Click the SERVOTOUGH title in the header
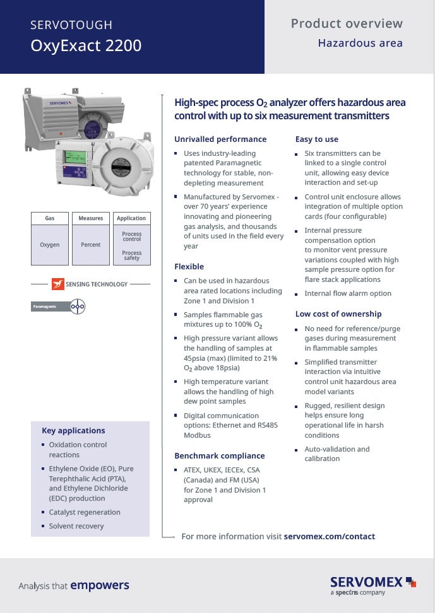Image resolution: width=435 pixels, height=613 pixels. click(71, 25)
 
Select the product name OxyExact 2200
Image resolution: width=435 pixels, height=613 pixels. click(86, 46)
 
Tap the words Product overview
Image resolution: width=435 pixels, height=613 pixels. click(347, 24)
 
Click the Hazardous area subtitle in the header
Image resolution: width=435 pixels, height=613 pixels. click(360, 44)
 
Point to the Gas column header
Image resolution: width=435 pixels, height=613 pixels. click(50, 218)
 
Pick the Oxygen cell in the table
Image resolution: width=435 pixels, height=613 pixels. click(50, 245)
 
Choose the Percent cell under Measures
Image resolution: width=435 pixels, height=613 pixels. click(90, 245)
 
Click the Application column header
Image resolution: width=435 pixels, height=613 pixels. click(131, 218)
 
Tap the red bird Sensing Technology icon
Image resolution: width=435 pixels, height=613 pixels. click(58, 284)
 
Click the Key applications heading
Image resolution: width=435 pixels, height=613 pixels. click(73, 431)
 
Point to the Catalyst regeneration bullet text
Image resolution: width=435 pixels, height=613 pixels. click(85, 512)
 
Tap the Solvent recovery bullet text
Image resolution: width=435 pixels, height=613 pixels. click(76, 526)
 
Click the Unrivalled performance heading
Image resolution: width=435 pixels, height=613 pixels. click(220, 139)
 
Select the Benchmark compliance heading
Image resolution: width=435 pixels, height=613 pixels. click(219, 456)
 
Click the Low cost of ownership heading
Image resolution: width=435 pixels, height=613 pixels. click(338, 314)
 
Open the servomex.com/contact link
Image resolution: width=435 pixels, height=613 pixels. click(330, 537)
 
